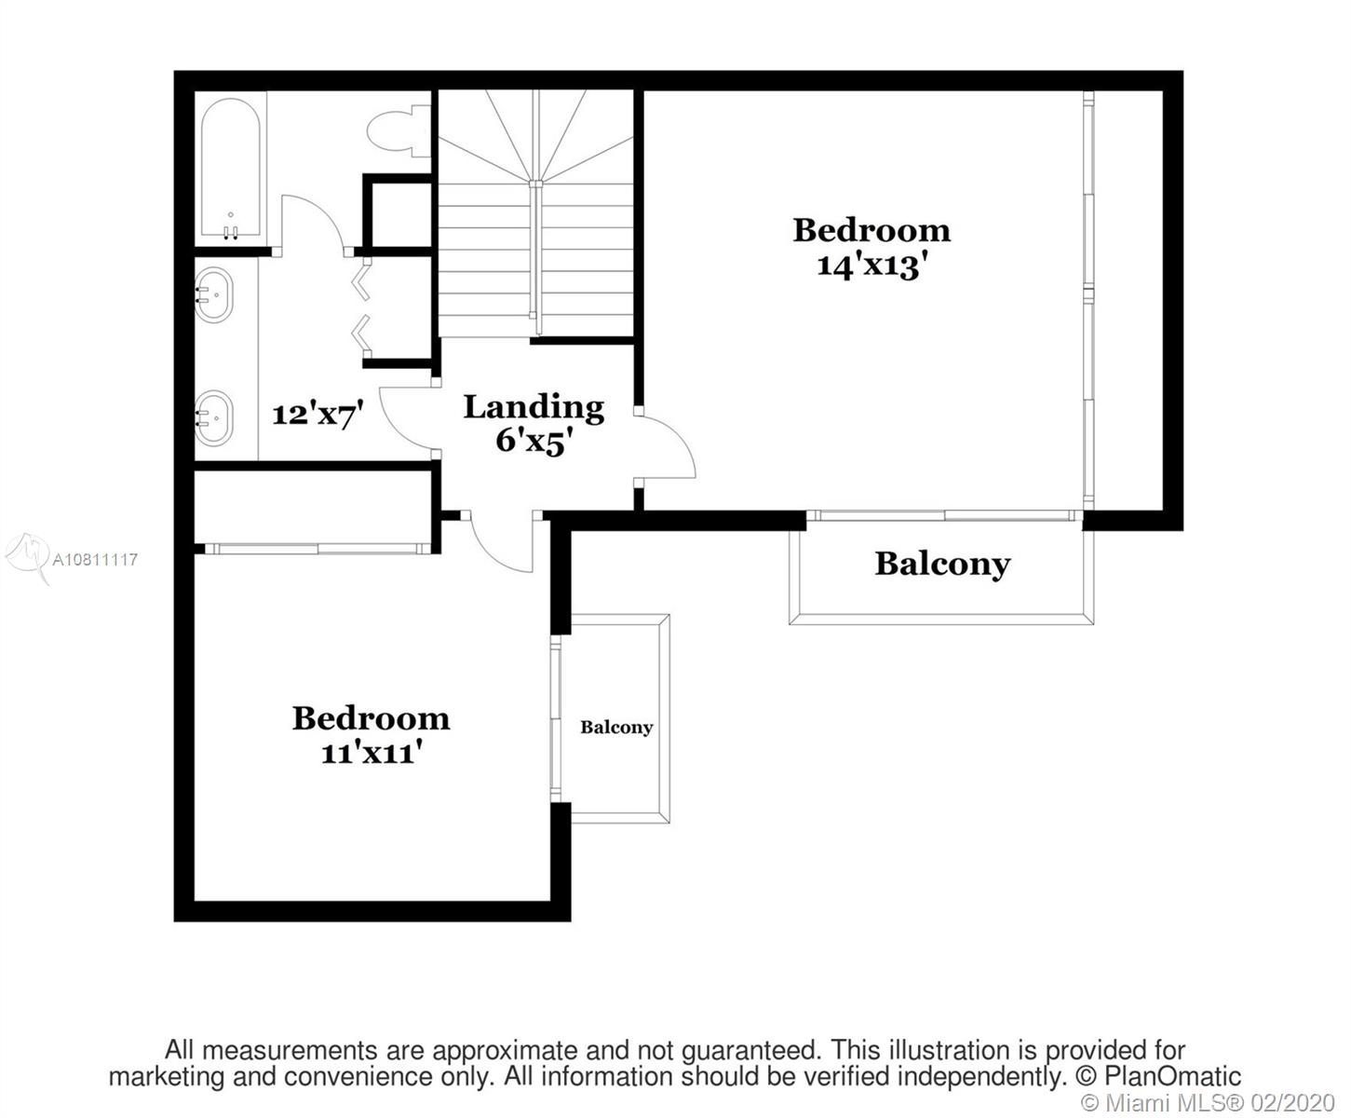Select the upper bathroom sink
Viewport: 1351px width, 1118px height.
coord(213,294)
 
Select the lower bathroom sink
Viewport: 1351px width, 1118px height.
coord(213,418)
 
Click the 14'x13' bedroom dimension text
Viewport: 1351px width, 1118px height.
coord(867,266)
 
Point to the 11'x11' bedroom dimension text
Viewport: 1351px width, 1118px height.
coord(372,753)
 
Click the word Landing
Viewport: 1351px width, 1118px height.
coord(534,408)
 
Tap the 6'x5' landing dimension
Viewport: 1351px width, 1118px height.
coord(534,443)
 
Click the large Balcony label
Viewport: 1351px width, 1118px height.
coord(943,564)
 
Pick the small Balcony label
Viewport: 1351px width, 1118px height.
coord(616,728)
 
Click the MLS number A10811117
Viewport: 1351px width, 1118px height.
coord(95,559)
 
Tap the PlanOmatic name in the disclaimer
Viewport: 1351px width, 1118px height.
coord(1172,1077)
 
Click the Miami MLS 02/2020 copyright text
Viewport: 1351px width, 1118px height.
coord(1208,1102)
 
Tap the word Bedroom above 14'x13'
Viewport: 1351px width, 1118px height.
coord(871,230)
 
